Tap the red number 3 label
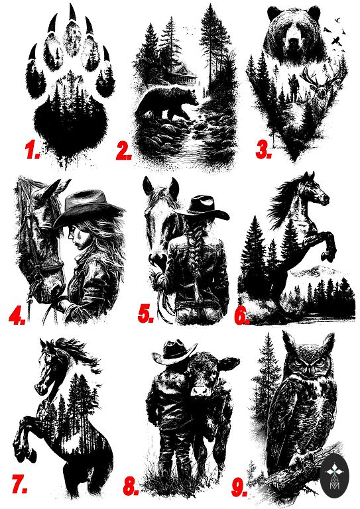pyautogui.click(x=263, y=150)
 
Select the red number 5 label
pyautogui.click(x=145, y=314)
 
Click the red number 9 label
pyautogui.click(x=239, y=487)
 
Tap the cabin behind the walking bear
pyautogui.click(x=184, y=74)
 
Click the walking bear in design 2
pyautogui.click(x=167, y=103)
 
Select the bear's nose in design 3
pyautogui.click(x=294, y=42)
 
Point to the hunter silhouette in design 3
pyautogui.click(x=293, y=87)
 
